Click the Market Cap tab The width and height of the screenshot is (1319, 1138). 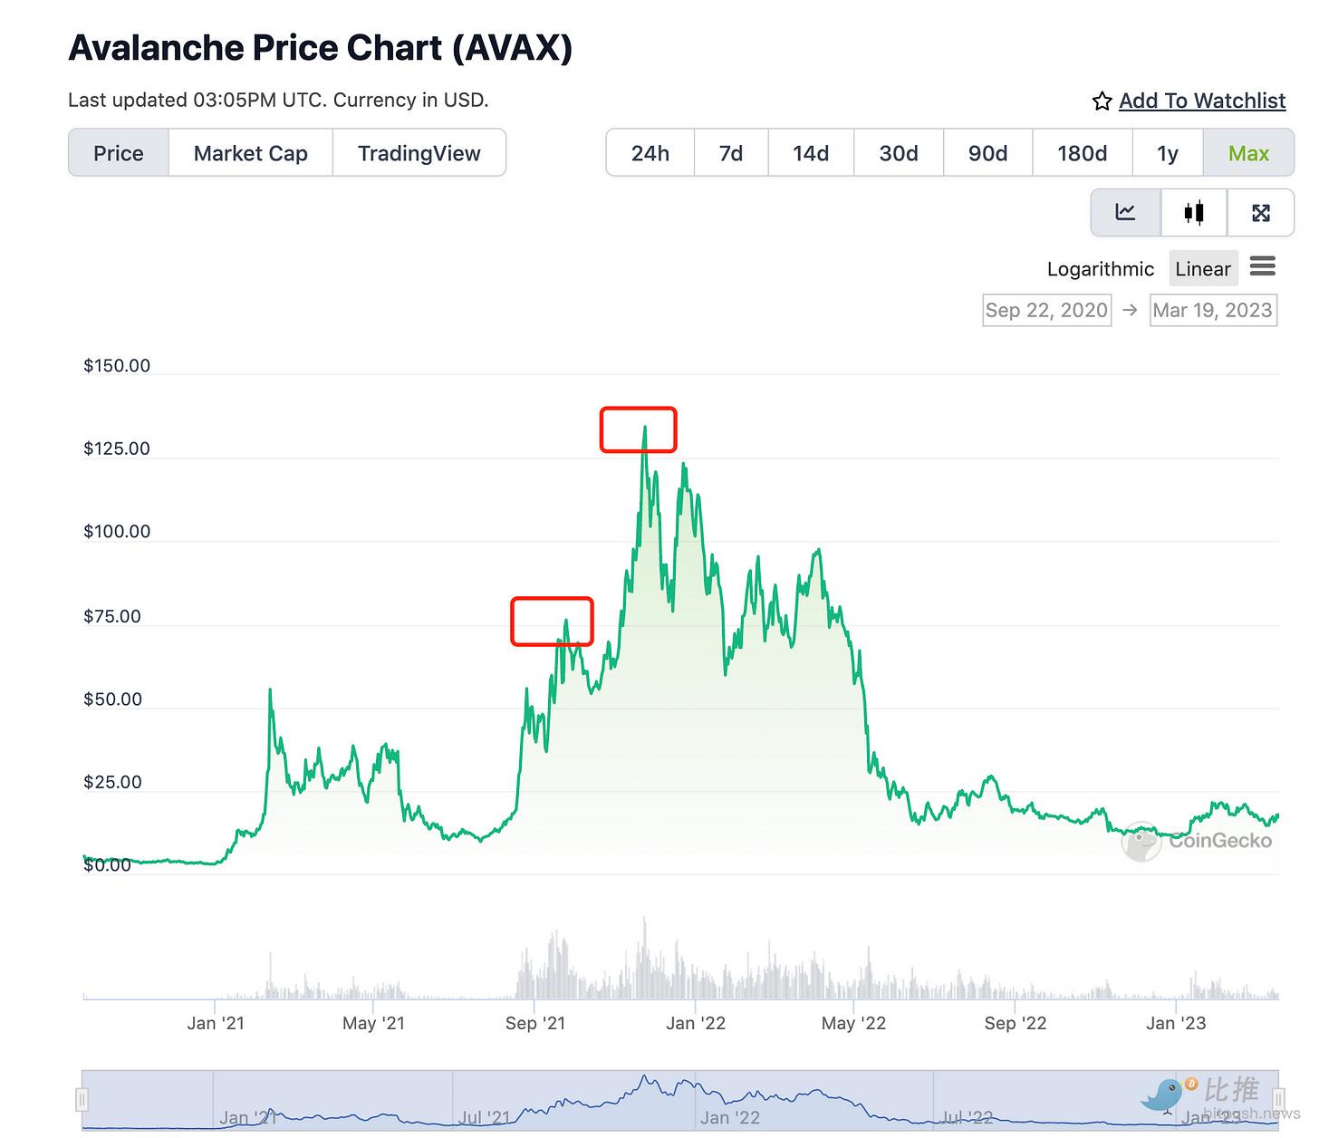coord(250,153)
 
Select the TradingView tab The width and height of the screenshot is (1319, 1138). coord(419,153)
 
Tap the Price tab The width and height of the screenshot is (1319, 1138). coord(119,153)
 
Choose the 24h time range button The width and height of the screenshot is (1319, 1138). coord(650,153)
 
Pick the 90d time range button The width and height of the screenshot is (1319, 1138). coord(987,153)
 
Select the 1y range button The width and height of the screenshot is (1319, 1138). coord(1167,153)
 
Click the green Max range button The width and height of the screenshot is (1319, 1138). coord(1248,153)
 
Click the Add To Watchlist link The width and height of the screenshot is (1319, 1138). coord(1201,101)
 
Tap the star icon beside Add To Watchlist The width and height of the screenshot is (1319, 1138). coord(1102,101)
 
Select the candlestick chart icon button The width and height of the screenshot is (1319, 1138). coord(1194,212)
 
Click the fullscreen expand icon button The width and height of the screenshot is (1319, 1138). coord(1260,212)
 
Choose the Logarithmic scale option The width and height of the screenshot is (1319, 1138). coord(1100,269)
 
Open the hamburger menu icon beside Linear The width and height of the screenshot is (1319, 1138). coord(1262,266)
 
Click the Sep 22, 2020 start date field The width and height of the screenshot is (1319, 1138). coord(1046,310)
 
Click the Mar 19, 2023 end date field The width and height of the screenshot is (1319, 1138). coord(1212,310)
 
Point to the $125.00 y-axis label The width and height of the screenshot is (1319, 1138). coord(117,448)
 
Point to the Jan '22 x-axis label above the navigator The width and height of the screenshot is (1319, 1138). coord(696,1023)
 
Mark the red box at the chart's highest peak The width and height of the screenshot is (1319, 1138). coord(638,429)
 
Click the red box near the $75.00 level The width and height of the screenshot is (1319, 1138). coord(552,622)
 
